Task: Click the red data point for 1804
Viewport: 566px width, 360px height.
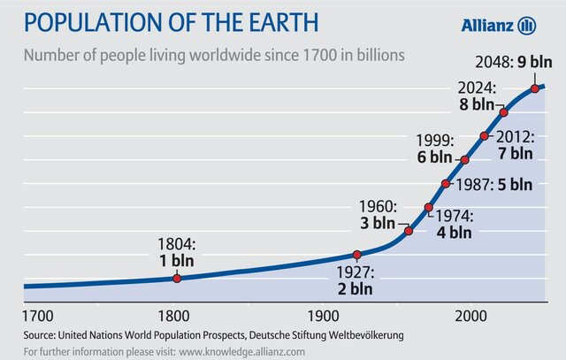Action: click(x=177, y=278)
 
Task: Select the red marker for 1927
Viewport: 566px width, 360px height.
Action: click(x=357, y=255)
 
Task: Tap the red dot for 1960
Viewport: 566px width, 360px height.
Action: click(x=409, y=231)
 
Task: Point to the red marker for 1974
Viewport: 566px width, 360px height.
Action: click(x=429, y=208)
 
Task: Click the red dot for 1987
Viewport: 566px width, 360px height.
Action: click(x=446, y=185)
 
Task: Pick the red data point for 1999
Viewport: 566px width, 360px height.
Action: click(x=465, y=160)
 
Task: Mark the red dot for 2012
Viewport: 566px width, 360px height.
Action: click(x=485, y=136)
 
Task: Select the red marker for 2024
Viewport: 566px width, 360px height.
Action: click(x=503, y=112)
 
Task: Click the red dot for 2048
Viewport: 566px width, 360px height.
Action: click(x=535, y=88)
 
